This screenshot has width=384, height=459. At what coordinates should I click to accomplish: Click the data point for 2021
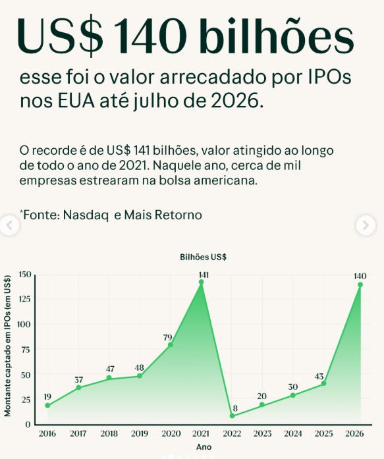[201, 282]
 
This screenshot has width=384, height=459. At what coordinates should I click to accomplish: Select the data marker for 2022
[232, 416]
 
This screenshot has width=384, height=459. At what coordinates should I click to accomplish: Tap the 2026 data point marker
[360, 284]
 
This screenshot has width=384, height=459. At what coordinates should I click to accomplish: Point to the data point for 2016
[47, 406]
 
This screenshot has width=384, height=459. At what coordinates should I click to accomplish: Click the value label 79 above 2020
[168, 338]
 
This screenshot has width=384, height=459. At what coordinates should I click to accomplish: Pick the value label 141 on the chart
[204, 275]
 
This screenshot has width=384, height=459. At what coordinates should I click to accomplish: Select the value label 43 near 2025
[319, 377]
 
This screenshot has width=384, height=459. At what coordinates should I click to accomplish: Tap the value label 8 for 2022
[235, 408]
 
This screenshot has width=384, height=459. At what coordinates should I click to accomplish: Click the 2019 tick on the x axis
[140, 433]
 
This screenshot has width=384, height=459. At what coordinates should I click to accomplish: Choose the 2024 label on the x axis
[293, 433]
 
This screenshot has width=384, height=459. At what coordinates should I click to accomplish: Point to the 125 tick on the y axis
[24, 299]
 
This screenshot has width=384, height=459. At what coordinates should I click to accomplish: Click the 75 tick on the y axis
[26, 350]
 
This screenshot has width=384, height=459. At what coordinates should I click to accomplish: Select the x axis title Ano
[204, 447]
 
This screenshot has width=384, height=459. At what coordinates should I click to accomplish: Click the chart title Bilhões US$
[203, 257]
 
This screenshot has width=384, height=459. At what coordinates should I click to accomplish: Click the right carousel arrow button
[366, 225]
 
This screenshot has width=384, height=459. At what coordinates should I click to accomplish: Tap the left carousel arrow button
[9, 225]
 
